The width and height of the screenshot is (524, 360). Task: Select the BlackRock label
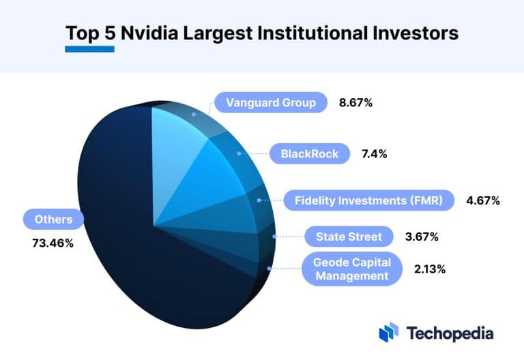pos(309,153)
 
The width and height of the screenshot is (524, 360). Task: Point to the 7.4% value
pos(373,153)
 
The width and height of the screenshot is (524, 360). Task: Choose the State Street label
pos(349,237)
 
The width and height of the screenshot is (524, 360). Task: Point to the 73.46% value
pos(53,242)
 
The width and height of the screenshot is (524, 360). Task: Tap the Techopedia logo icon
pos(388,332)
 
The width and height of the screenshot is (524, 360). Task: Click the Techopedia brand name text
pos(450,333)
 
